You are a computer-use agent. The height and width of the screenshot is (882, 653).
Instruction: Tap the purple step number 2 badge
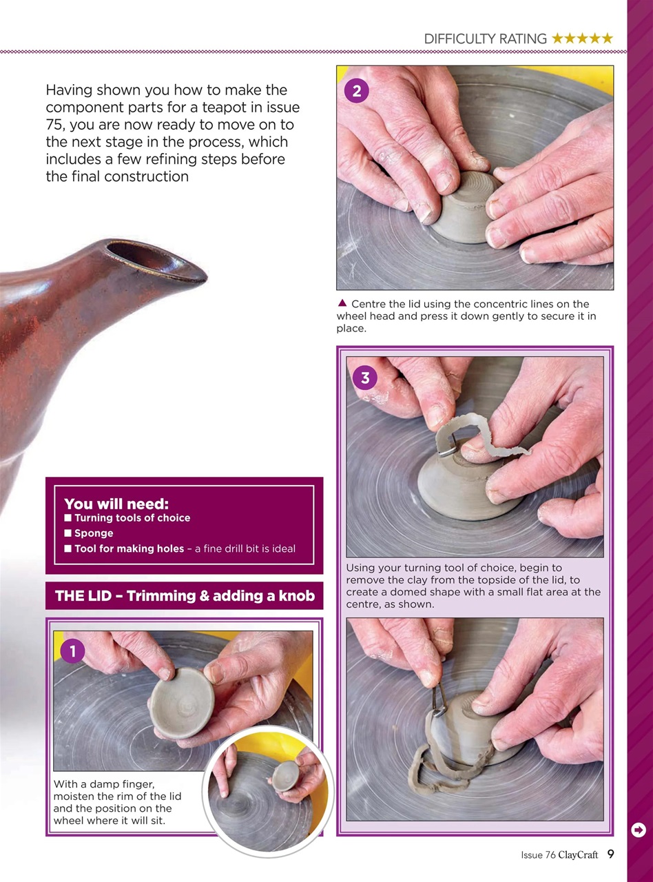pyautogui.click(x=357, y=91)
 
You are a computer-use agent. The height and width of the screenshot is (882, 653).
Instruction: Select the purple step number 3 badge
pyautogui.click(x=365, y=378)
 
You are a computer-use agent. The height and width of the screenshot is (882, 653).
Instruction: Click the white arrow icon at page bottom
pyautogui.click(x=639, y=830)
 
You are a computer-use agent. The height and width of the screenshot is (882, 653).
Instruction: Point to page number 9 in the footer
pyautogui.click(x=611, y=854)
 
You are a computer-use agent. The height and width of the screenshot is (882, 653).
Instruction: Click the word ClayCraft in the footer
pyautogui.click(x=578, y=855)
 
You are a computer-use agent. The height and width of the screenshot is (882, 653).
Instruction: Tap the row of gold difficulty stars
pyautogui.click(x=582, y=39)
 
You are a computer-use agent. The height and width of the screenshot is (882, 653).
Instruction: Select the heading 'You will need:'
pyautogui.click(x=116, y=504)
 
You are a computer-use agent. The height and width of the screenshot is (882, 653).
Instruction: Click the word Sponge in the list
pyautogui.click(x=94, y=533)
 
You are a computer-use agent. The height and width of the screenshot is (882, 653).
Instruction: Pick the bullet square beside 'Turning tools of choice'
pyautogui.click(x=68, y=518)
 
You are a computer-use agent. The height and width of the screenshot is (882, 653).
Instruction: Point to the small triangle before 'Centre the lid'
pyautogui.click(x=342, y=303)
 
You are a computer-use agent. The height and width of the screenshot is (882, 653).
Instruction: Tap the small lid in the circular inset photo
pyautogui.click(x=284, y=776)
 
